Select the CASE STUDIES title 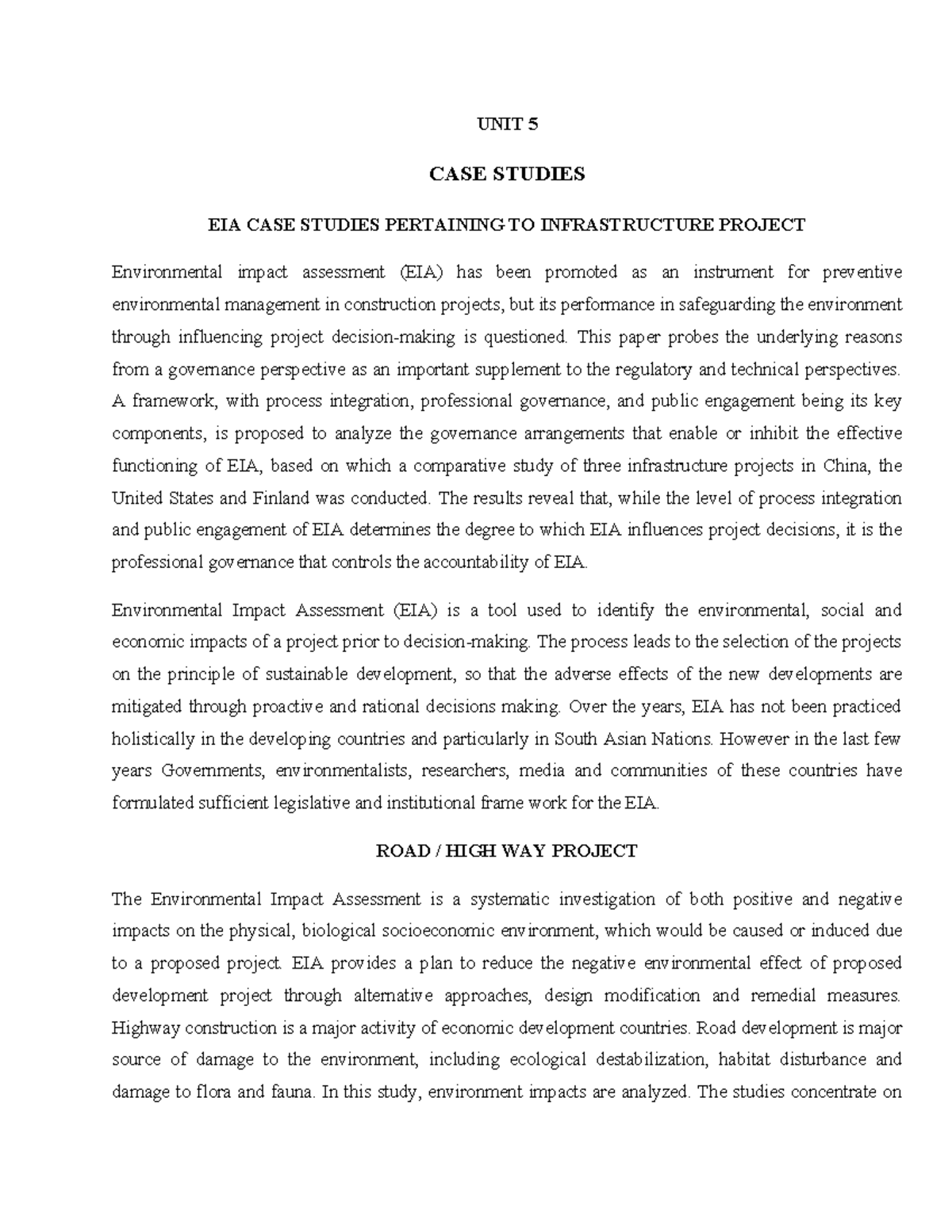[507, 174]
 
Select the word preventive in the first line [862, 272]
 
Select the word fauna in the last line [292, 1092]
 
